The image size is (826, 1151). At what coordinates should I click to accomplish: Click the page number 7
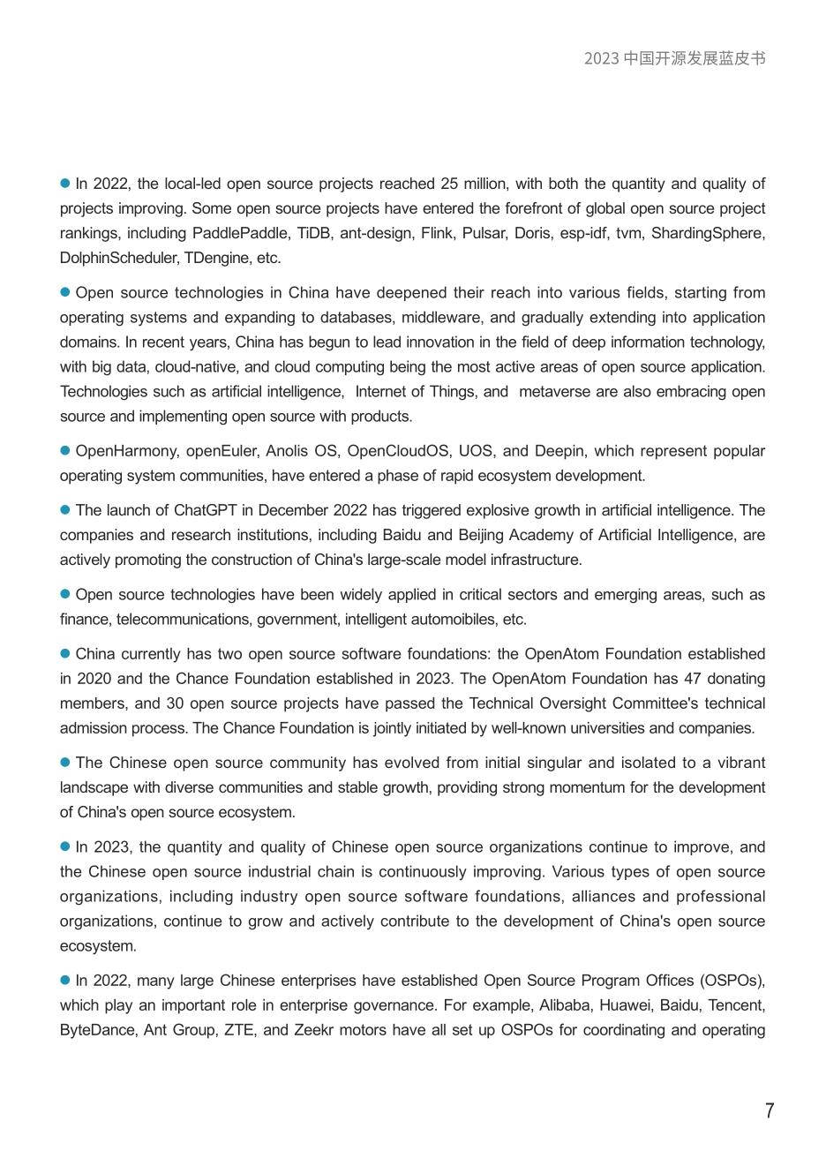pyautogui.click(x=770, y=1110)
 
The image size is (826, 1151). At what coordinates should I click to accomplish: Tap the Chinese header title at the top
pyautogui.click(x=674, y=58)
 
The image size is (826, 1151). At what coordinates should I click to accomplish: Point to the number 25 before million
pyautogui.click(x=449, y=184)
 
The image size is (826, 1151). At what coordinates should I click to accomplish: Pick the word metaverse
pyautogui.click(x=556, y=391)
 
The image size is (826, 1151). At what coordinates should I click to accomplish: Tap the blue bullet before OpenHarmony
pyautogui.click(x=64, y=450)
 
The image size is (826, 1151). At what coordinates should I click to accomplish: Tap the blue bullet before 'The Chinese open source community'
pyautogui.click(x=64, y=762)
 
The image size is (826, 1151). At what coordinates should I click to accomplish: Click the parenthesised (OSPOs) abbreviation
pyautogui.click(x=732, y=981)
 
